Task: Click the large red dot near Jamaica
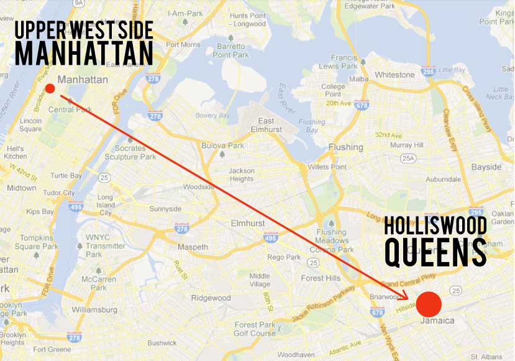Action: pyautogui.click(x=429, y=304)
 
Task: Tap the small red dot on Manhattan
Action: pyautogui.click(x=50, y=89)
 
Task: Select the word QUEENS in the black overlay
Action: pyautogui.click(x=435, y=251)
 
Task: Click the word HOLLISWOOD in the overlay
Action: pyautogui.click(x=435, y=225)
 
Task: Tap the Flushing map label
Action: pyautogui.click(x=346, y=148)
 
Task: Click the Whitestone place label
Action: pyautogui.click(x=394, y=75)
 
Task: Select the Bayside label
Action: pyautogui.click(x=486, y=167)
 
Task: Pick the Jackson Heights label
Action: pyautogui.click(x=242, y=175)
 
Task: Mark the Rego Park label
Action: pyautogui.click(x=283, y=257)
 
